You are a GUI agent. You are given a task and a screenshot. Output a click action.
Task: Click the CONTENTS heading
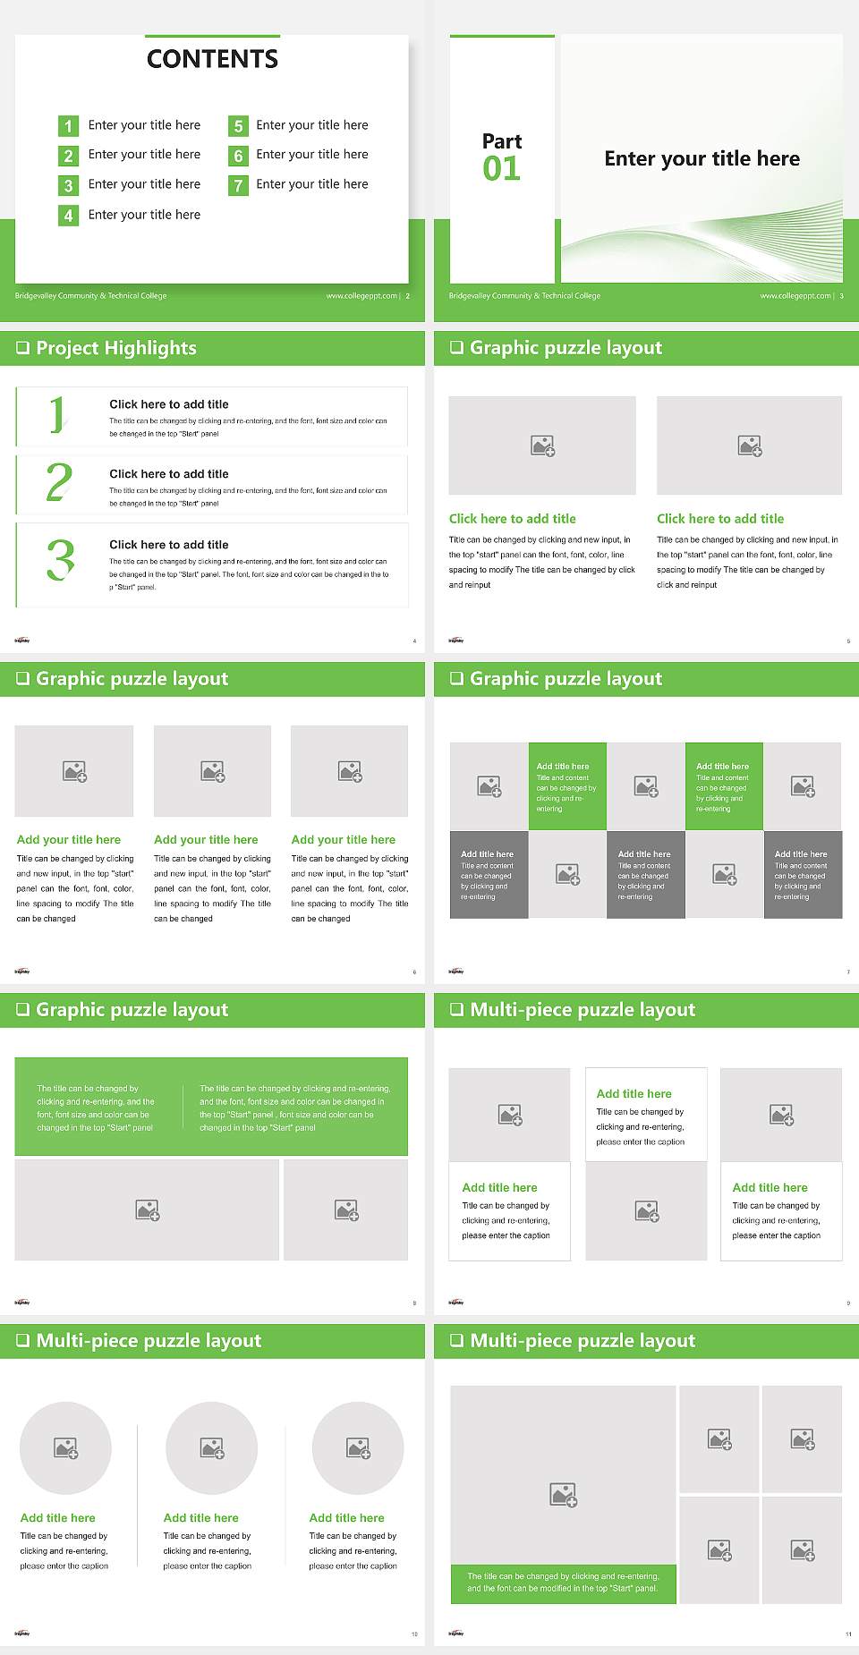(212, 59)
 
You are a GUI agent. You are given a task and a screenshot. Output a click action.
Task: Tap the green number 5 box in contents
(238, 126)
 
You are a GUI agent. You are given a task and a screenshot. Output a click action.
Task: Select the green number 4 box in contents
(68, 216)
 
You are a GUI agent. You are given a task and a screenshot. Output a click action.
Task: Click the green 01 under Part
(501, 168)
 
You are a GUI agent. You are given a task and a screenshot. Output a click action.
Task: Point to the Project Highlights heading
(115, 348)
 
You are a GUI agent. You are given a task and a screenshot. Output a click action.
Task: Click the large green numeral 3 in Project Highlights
(60, 560)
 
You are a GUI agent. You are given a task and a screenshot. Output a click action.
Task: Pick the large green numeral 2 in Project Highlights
(59, 482)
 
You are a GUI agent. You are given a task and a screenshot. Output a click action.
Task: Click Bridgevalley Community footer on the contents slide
(90, 296)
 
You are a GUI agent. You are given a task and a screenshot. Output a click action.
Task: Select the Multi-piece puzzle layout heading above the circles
(149, 1340)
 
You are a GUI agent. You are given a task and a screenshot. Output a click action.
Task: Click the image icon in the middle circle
(212, 1447)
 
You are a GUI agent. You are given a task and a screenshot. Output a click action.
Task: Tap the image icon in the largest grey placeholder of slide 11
(563, 1494)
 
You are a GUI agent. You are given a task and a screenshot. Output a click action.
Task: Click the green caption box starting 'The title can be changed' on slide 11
(563, 1583)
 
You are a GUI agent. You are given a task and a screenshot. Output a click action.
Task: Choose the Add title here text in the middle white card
(634, 1093)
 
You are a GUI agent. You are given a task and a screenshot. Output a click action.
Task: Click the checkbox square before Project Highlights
(23, 348)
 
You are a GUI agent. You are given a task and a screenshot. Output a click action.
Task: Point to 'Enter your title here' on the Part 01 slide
(702, 158)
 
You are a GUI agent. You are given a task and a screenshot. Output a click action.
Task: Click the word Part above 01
(501, 141)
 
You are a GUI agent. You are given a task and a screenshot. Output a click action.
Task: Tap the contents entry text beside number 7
(311, 184)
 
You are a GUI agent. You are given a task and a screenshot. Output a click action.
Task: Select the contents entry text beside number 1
(144, 125)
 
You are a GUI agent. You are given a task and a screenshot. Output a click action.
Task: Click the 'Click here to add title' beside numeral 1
(168, 404)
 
